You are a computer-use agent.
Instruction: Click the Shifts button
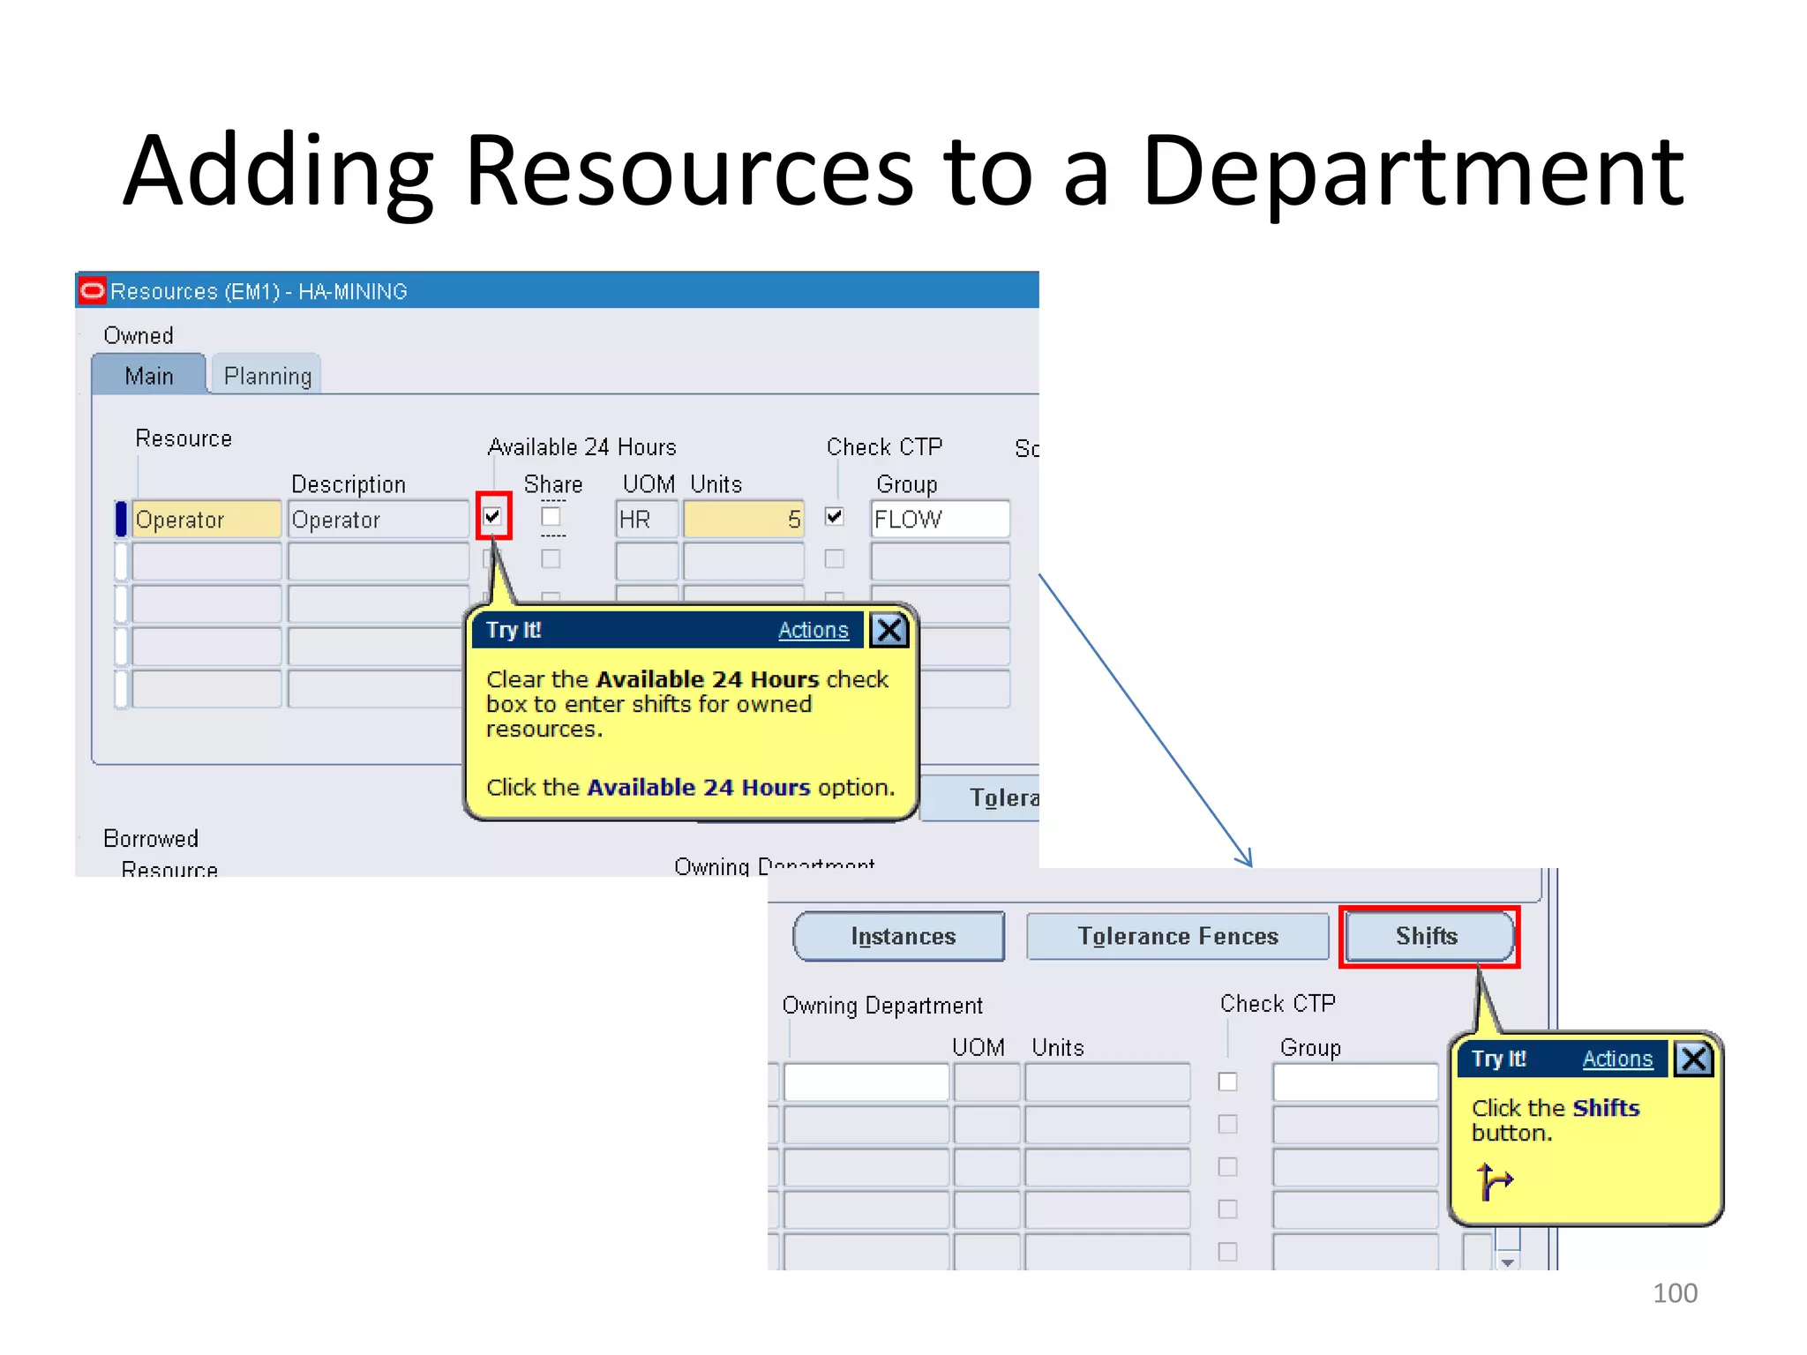click(1427, 936)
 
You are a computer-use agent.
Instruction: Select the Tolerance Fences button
click(1177, 936)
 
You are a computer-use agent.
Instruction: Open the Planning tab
click(267, 377)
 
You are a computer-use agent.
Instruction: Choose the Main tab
click(149, 377)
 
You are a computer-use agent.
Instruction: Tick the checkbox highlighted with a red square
click(493, 516)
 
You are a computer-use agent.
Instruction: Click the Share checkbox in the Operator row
click(551, 516)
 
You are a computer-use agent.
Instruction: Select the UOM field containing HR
click(647, 520)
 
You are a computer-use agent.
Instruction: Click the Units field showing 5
click(743, 520)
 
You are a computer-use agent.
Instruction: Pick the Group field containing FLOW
click(939, 520)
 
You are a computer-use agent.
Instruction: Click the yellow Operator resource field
click(206, 520)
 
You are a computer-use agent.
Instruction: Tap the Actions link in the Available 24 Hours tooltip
click(813, 631)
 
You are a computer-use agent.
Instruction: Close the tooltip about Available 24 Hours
click(889, 631)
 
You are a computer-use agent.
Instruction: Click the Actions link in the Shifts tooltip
click(1616, 1059)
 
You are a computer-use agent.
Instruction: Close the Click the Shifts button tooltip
click(1694, 1059)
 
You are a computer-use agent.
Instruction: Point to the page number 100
click(1674, 1293)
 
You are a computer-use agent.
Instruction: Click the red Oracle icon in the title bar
click(93, 290)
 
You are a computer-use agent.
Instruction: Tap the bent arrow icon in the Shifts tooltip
click(1494, 1182)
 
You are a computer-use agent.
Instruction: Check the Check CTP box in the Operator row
click(835, 516)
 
